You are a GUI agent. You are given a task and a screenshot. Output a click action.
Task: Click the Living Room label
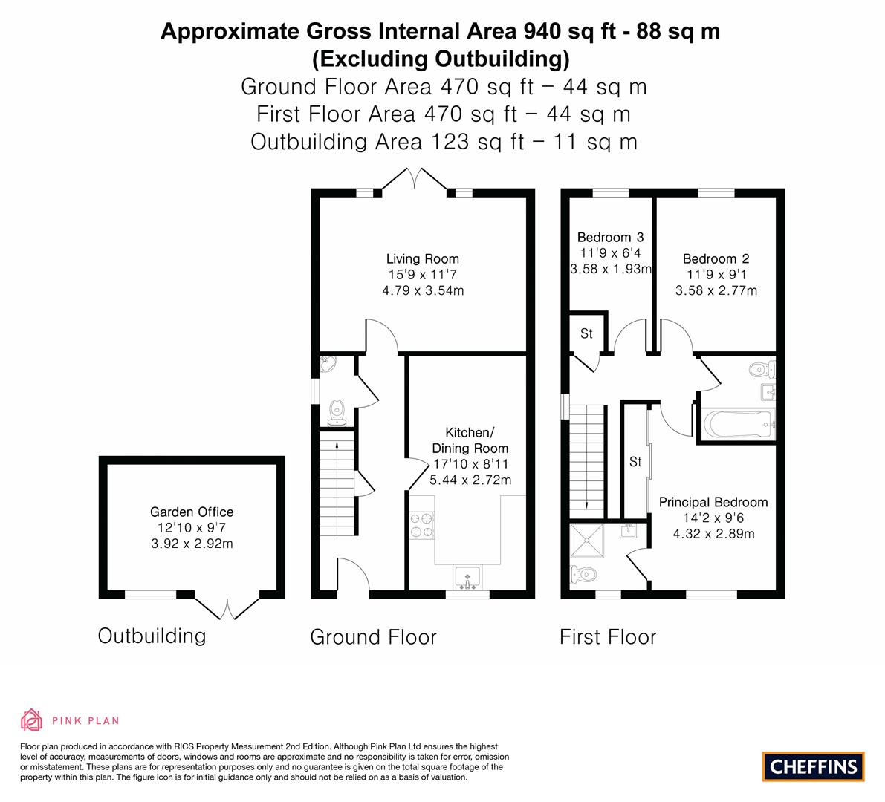(x=422, y=259)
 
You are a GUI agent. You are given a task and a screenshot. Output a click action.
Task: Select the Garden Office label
(x=192, y=512)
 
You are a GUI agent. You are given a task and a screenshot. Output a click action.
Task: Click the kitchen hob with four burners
(x=421, y=525)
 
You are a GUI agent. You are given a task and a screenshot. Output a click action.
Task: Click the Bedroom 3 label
(x=610, y=238)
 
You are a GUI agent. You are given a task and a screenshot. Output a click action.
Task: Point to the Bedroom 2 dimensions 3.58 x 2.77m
(x=716, y=290)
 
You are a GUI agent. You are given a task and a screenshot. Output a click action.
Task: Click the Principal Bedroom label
(x=713, y=503)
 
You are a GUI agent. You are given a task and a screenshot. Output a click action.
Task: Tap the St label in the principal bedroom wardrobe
(x=635, y=462)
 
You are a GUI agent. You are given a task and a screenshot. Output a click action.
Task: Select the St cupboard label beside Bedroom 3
(x=586, y=334)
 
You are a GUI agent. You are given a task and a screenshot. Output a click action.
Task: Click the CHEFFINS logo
(x=813, y=766)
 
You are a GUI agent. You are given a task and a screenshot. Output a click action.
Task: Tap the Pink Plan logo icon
(x=32, y=720)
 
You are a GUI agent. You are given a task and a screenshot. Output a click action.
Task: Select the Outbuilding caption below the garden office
(x=152, y=636)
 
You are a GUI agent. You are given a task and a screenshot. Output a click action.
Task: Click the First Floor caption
(x=608, y=637)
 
